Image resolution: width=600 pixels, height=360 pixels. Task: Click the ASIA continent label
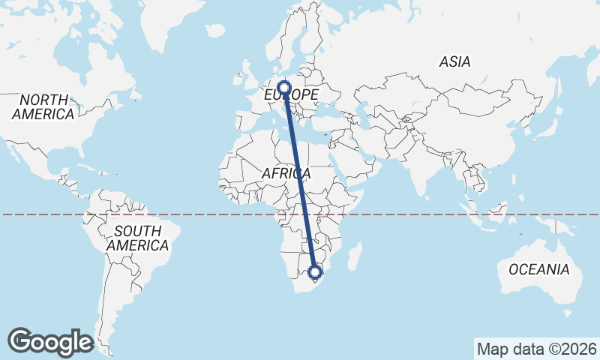(x=455, y=62)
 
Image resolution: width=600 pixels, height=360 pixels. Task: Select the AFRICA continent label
(x=286, y=174)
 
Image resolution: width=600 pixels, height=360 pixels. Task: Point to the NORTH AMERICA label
(x=43, y=107)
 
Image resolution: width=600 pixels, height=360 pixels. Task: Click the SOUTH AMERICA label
(x=137, y=238)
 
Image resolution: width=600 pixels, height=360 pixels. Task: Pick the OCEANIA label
(x=538, y=269)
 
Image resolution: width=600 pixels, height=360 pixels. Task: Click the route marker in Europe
(x=284, y=87)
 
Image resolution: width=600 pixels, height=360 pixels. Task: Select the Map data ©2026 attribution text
(x=537, y=349)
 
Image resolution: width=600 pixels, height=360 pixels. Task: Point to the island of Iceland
(x=215, y=31)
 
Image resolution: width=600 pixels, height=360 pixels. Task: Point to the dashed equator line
(x=450, y=214)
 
